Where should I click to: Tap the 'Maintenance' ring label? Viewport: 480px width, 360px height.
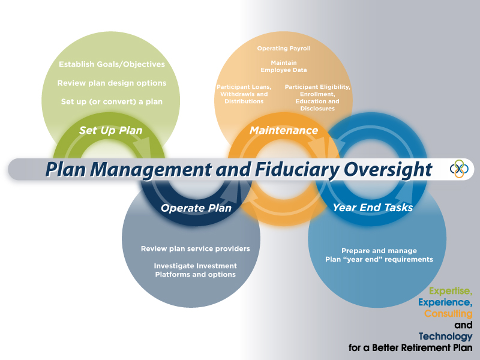click(x=283, y=130)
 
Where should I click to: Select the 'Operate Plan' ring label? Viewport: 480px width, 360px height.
click(x=196, y=208)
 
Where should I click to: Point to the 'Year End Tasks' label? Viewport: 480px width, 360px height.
click(x=373, y=208)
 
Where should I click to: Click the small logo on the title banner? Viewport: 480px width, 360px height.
click(x=459, y=169)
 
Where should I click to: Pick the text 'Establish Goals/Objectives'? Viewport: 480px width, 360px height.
click(x=112, y=64)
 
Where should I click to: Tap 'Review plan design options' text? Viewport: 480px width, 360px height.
click(x=112, y=83)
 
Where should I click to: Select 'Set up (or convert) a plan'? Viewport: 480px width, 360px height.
click(x=112, y=101)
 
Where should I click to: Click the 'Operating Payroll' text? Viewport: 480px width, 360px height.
click(x=284, y=48)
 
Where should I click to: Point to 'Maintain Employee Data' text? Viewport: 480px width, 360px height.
click(x=284, y=66)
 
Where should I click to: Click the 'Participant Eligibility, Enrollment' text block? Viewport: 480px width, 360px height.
click(x=317, y=97)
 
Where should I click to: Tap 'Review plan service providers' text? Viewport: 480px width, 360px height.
click(x=195, y=248)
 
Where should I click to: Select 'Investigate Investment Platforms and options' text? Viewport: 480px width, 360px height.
click(x=195, y=270)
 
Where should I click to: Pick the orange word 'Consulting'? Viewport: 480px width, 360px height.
click(x=448, y=314)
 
